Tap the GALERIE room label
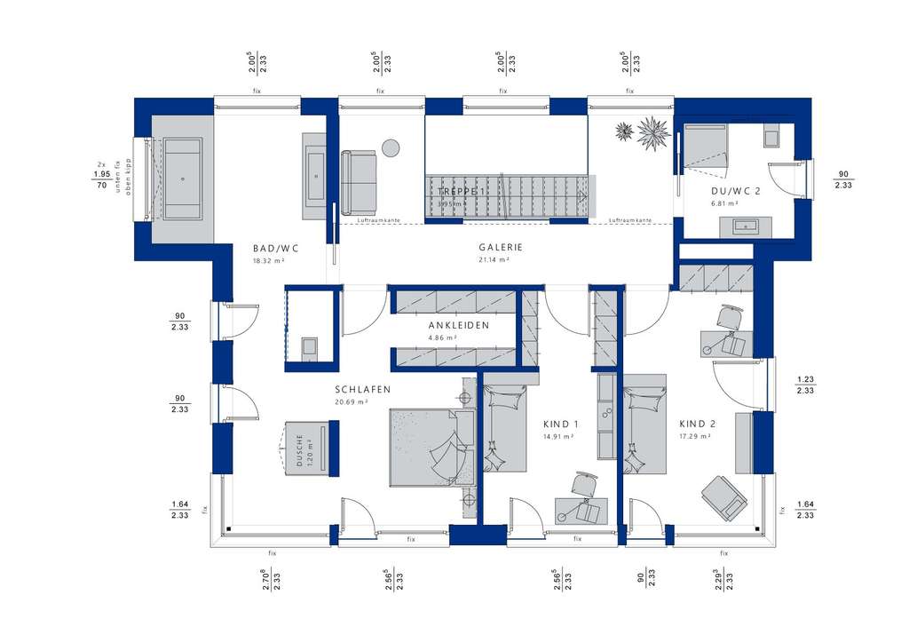(x=502, y=249)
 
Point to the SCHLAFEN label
(x=362, y=390)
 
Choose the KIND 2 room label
(x=697, y=425)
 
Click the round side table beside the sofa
(x=391, y=147)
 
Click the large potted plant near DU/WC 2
(x=654, y=133)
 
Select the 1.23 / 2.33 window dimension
(x=805, y=385)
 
